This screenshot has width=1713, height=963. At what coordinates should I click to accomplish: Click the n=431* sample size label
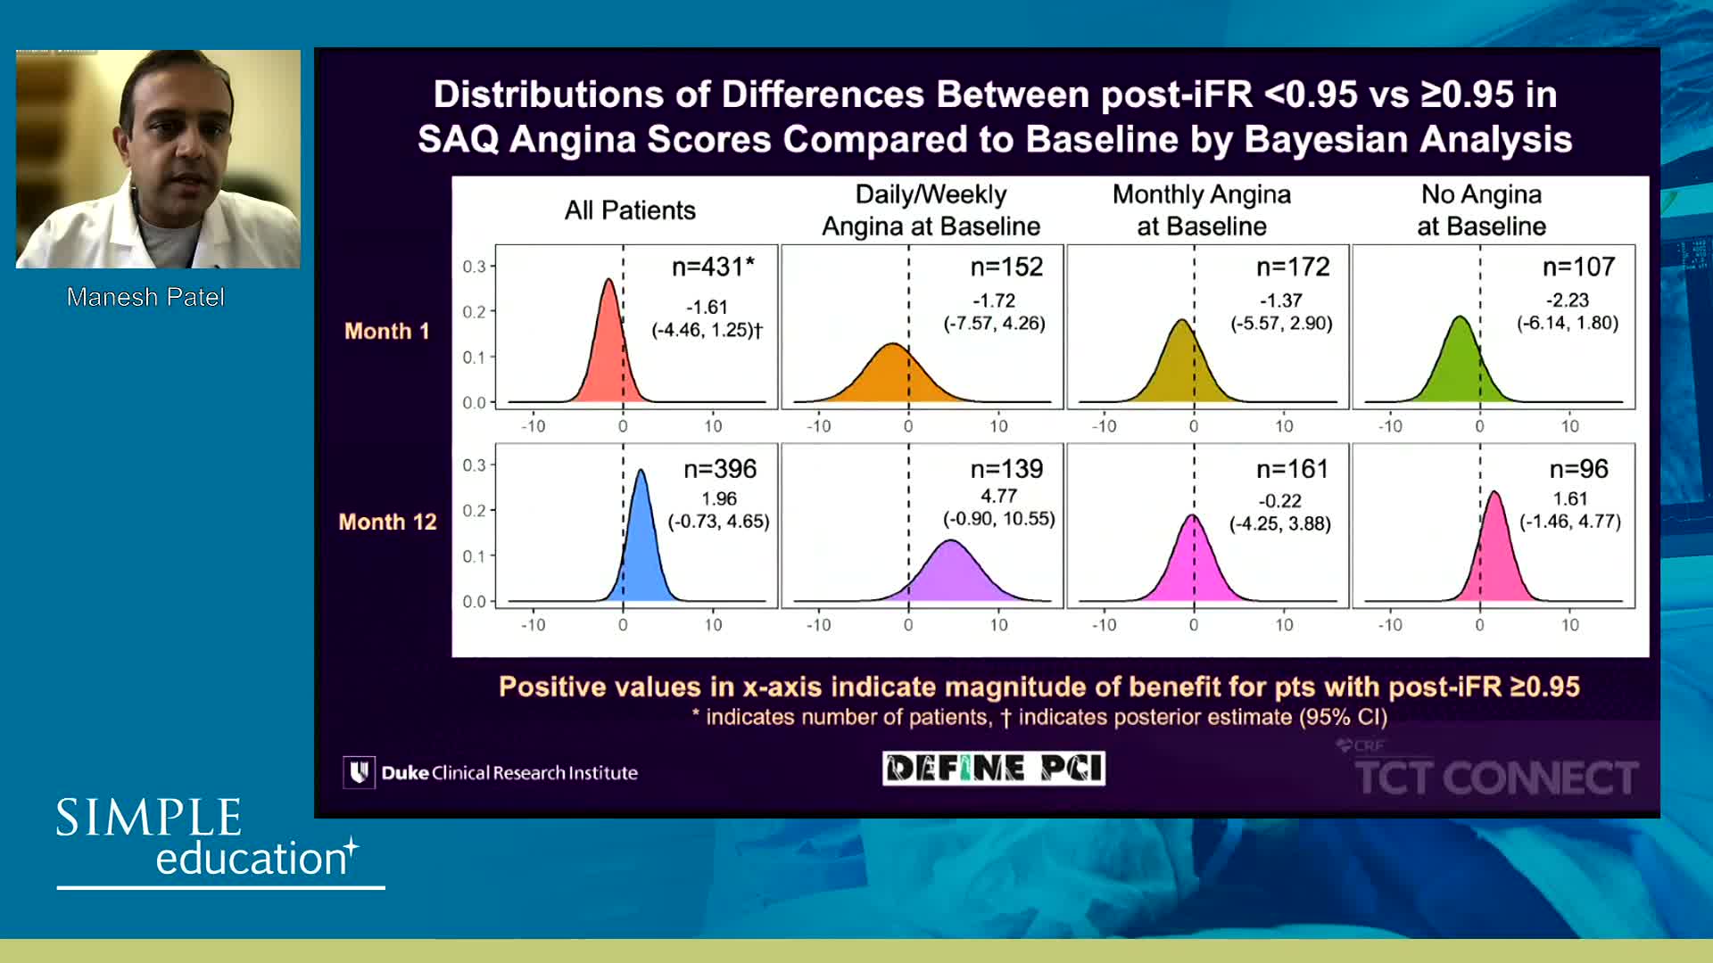click(712, 267)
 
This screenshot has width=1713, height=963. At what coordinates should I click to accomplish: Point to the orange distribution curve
click(891, 374)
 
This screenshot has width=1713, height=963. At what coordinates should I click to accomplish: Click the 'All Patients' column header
click(629, 210)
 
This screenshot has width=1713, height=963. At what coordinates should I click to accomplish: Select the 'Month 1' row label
click(386, 331)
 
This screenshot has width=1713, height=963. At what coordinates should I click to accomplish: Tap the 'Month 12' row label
click(387, 522)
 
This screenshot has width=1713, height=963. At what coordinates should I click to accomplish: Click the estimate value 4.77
click(998, 496)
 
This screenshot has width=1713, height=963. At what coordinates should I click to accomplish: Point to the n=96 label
click(1578, 469)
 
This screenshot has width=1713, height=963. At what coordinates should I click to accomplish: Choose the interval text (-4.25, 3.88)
click(1279, 523)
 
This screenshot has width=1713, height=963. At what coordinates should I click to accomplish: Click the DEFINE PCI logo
click(993, 768)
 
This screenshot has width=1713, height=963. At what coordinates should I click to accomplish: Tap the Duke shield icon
click(359, 772)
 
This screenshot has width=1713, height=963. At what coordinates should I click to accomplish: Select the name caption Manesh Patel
click(145, 297)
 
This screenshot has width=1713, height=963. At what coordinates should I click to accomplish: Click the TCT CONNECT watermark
click(1495, 777)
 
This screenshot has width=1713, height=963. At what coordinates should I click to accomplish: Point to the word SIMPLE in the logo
click(149, 818)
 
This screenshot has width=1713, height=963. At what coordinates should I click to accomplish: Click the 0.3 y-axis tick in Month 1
click(474, 267)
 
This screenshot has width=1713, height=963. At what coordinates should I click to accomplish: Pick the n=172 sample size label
click(1292, 267)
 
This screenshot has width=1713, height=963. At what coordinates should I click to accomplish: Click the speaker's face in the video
click(178, 134)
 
